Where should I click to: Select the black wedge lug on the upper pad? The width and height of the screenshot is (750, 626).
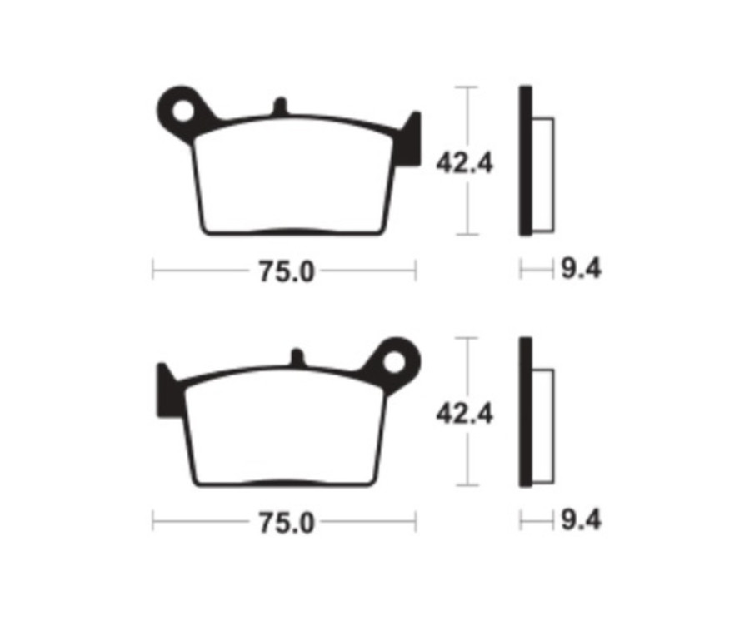tap(408, 142)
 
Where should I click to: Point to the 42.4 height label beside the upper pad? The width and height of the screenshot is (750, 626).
tap(464, 162)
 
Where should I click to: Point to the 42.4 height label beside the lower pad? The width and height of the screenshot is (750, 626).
tap(464, 413)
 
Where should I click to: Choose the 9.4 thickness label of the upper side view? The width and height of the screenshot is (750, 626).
tap(580, 270)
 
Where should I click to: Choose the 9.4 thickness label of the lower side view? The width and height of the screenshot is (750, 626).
tap(580, 521)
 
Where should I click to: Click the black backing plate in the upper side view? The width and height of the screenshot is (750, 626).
tap(525, 161)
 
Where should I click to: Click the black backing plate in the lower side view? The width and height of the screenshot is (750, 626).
tap(525, 412)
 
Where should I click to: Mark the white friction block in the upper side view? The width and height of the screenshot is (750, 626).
tap(542, 175)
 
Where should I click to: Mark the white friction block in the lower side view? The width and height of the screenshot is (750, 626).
tap(542, 426)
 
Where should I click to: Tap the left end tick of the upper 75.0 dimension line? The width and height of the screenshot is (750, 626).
tap(153, 271)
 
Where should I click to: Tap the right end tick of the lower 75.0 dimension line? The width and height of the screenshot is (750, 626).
tap(415, 522)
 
